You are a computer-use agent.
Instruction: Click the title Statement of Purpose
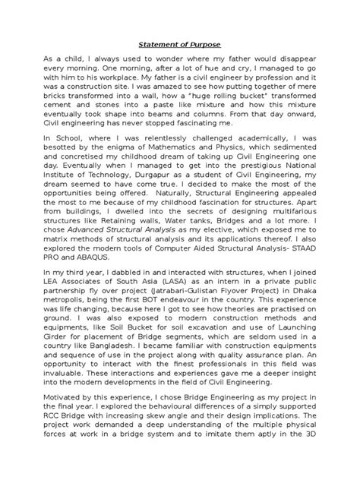pyautogui.click(x=179, y=46)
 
